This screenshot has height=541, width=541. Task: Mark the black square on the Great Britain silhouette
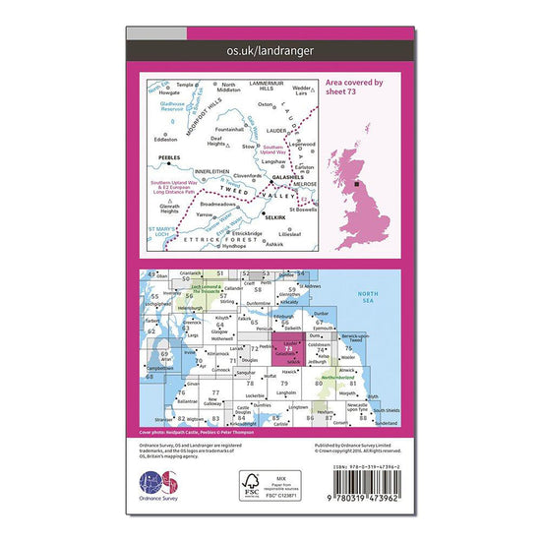[x=355, y=182]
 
